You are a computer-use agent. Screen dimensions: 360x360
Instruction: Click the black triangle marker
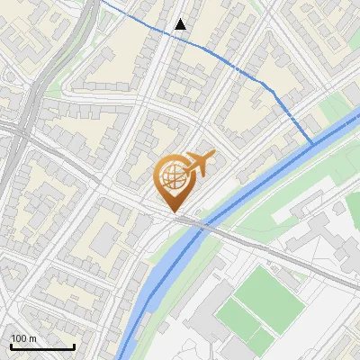(181, 24)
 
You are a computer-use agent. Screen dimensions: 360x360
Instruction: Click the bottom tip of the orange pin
(174, 212)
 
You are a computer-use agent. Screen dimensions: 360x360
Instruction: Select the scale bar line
(41, 346)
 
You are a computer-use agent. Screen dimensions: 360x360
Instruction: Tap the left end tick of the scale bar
(10, 345)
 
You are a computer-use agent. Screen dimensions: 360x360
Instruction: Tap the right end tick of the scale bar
(74, 345)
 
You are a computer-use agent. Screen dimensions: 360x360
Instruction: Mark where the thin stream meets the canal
(311, 143)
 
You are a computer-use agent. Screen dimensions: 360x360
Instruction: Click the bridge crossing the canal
(193, 222)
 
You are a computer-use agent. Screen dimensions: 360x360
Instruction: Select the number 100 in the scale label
(17, 338)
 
